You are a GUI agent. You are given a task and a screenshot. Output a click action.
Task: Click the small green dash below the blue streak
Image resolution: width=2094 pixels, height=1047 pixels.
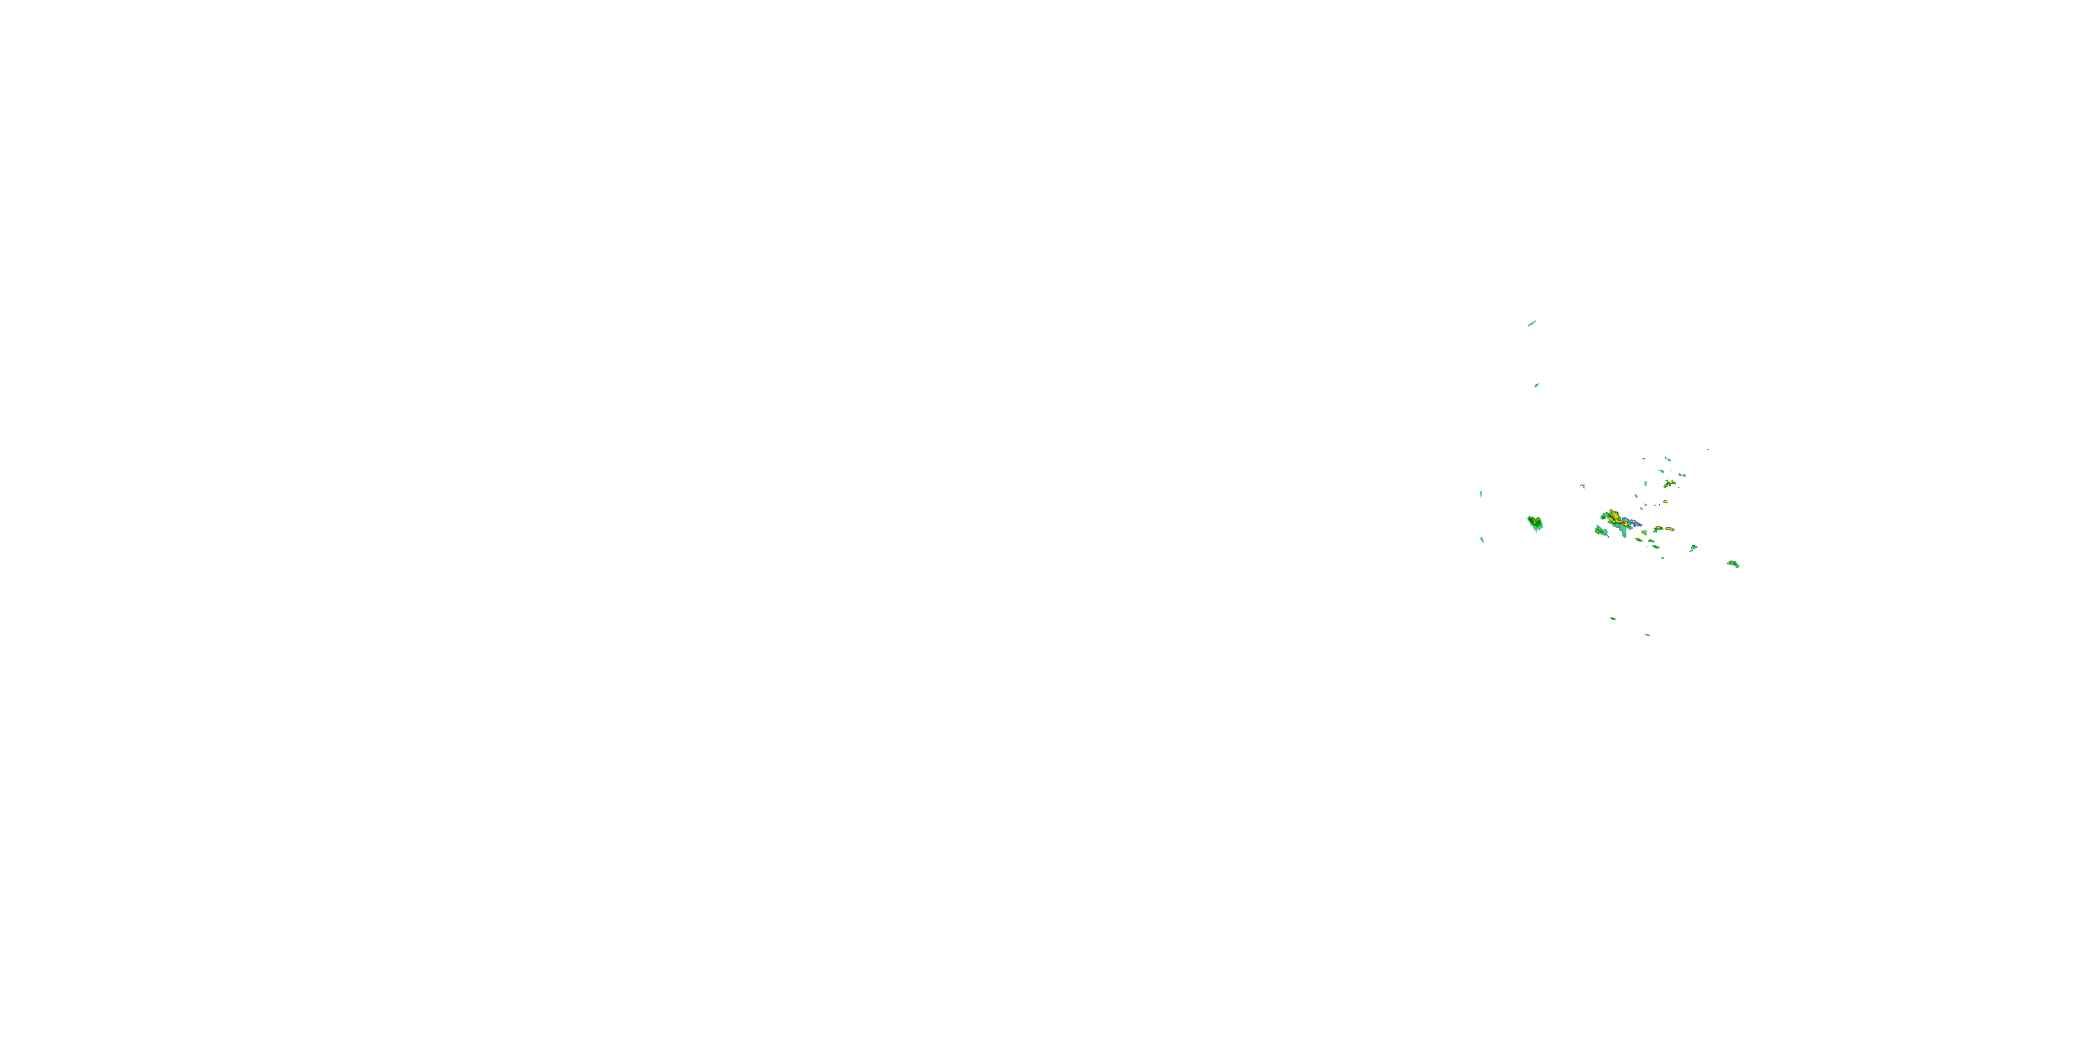(x=1536, y=385)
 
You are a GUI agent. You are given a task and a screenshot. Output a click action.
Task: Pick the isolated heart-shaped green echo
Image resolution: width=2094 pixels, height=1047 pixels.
(x=1535, y=523)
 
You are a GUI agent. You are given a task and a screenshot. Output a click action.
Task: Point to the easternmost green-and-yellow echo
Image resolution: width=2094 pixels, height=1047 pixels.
(x=1733, y=563)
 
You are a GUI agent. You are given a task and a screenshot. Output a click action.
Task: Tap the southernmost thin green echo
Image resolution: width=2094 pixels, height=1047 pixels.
(x=1648, y=635)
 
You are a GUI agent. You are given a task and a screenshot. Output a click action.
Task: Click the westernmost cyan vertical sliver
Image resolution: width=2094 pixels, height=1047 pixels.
(x=1480, y=493)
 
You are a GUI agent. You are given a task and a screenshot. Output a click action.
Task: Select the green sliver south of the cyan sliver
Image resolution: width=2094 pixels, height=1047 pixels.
(x=1482, y=538)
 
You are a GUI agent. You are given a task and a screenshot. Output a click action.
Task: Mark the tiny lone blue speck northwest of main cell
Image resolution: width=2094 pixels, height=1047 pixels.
(x=1582, y=485)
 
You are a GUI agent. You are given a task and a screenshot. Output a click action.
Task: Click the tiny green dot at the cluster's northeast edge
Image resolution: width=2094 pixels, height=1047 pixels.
(x=1707, y=450)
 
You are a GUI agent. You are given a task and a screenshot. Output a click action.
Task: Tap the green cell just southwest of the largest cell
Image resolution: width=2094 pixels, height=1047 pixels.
(x=1601, y=530)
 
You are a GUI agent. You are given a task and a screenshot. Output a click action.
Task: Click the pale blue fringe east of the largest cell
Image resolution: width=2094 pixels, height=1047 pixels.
(x=1634, y=523)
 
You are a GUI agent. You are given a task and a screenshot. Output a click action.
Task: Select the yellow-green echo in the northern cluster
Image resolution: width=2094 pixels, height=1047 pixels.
(x=1669, y=484)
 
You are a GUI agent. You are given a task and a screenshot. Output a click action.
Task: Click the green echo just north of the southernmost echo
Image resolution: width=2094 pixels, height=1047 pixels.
(x=1614, y=618)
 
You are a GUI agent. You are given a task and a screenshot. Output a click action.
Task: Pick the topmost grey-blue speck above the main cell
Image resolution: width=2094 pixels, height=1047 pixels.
(x=1635, y=495)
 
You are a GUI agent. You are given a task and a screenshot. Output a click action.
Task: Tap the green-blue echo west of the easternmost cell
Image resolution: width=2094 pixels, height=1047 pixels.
(x=1693, y=548)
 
